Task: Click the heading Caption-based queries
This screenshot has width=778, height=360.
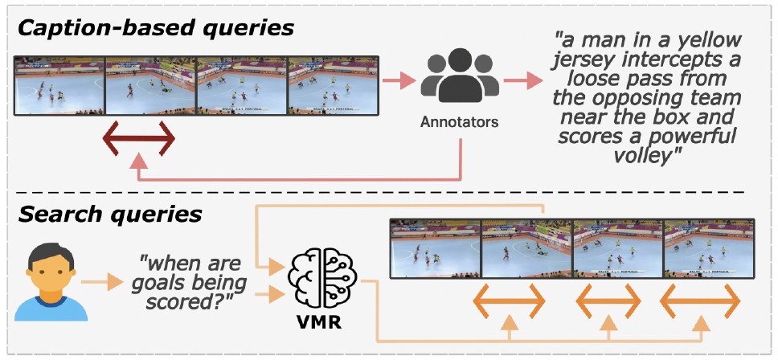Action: tap(156, 27)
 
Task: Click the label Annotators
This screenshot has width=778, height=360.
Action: tap(460, 123)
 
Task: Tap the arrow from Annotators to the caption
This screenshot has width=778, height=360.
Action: tap(522, 81)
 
